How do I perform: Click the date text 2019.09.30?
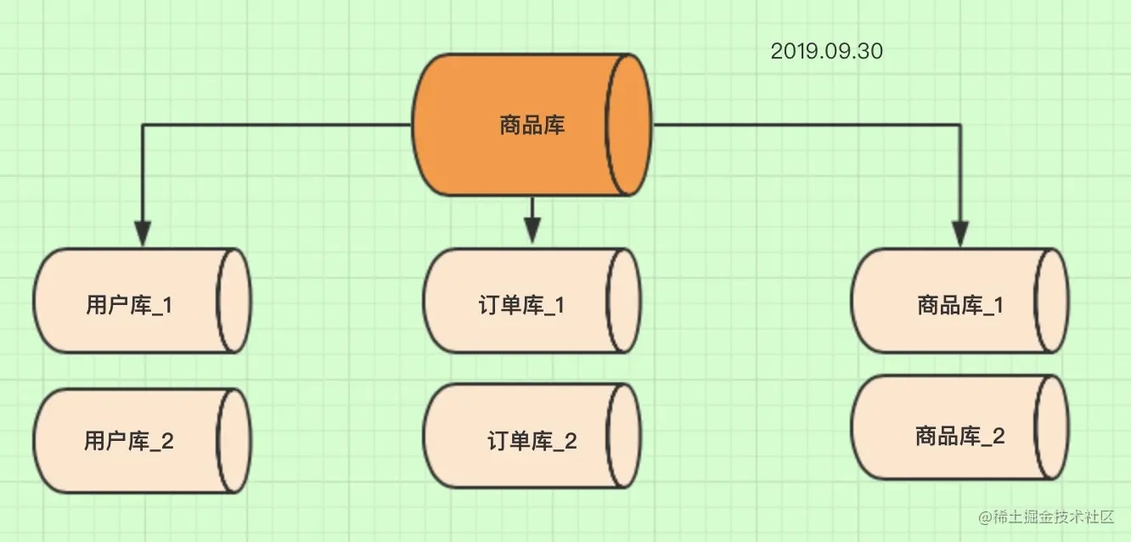pos(826,52)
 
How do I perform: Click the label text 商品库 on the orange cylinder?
pos(532,127)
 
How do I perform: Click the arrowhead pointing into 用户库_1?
pos(143,234)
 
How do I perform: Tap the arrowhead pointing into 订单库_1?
pos(532,230)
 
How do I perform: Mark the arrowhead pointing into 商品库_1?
pos(960,234)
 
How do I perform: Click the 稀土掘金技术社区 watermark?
pos(1050,517)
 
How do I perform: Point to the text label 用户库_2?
pos(129,441)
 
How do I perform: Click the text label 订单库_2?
pos(532,441)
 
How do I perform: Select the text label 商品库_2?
pos(960,437)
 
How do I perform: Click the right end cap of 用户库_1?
pos(234,301)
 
